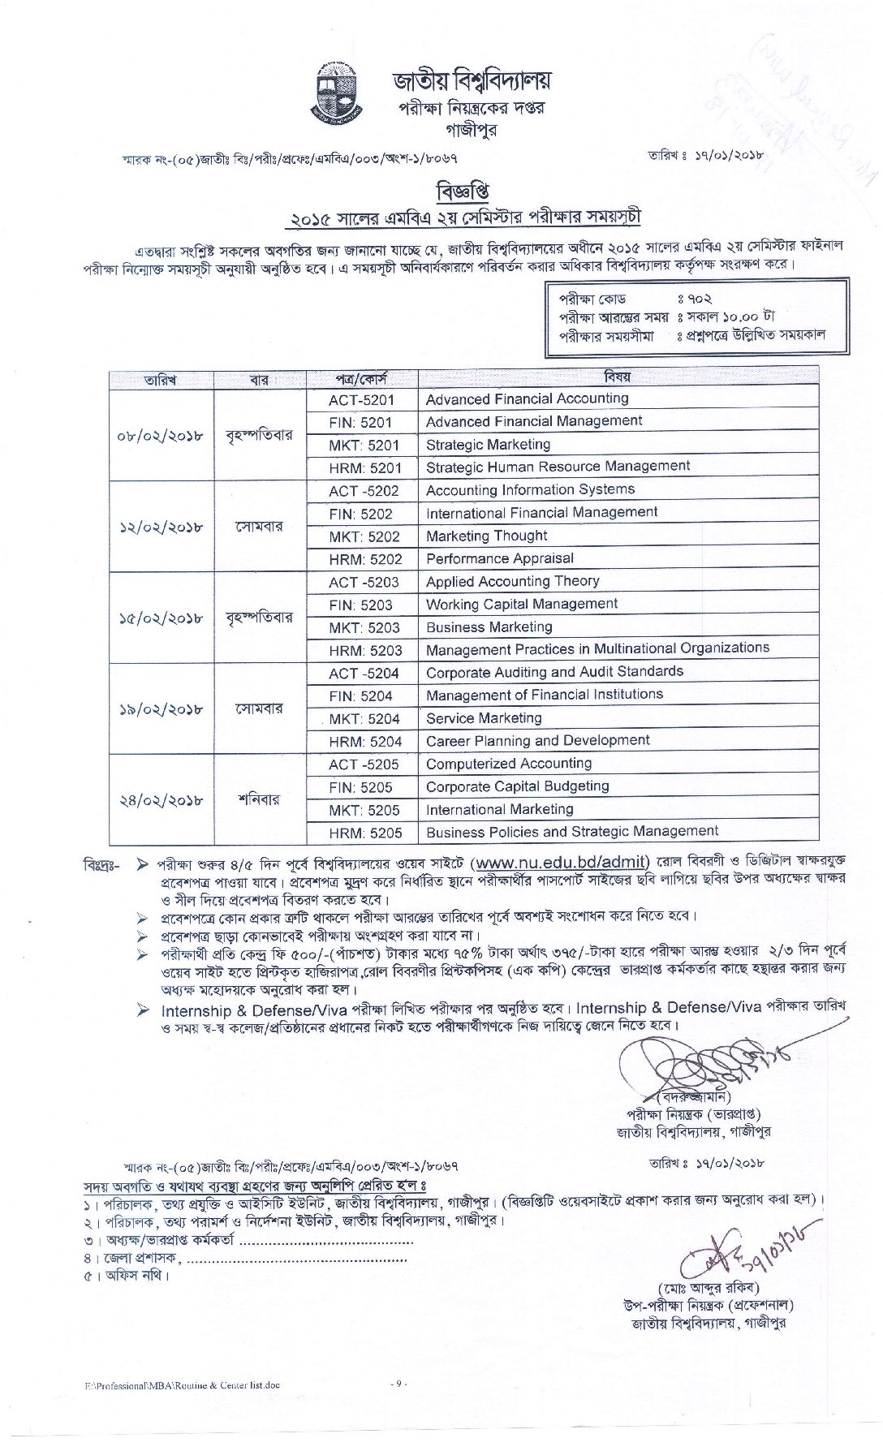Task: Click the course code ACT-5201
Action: (x=361, y=400)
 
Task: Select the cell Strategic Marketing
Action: (x=488, y=445)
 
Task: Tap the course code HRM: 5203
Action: (x=365, y=651)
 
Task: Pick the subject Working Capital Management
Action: (x=521, y=605)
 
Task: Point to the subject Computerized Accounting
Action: (x=509, y=764)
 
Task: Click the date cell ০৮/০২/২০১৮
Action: (x=160, y=435)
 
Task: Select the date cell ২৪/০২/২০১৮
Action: (x=160, y=799)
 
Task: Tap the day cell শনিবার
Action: (x=260, y=799)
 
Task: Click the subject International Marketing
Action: (x=499, y=810)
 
